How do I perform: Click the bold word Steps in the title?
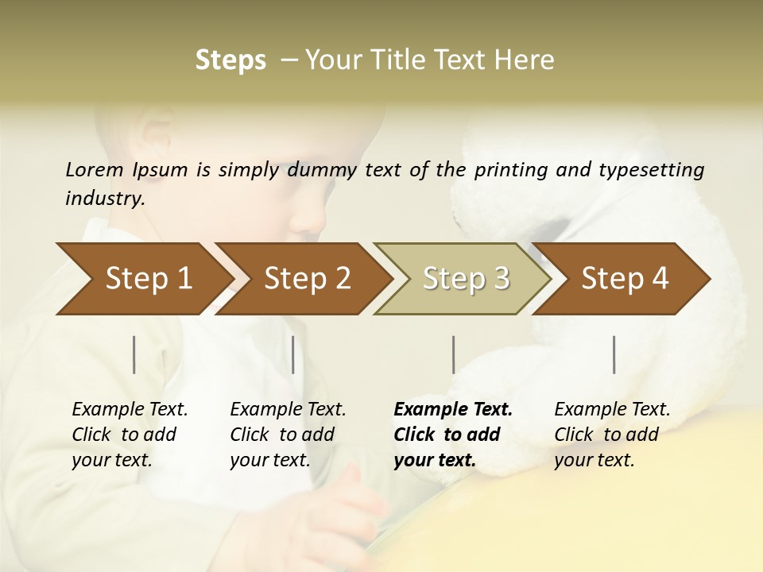click(x=230, y=60)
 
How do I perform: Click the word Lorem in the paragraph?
click(x=94, y=169)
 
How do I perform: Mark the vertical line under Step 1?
click(x=134, y=354)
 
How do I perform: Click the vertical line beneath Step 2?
click(x=293, y=354)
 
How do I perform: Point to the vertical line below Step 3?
click(x=453, y=354)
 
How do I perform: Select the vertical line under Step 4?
click(x=614, y=354)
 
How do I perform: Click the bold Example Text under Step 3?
click(x=453, y=410)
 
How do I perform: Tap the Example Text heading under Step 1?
click(x=130, y=410)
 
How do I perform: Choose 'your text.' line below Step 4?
click(x=595, y=461)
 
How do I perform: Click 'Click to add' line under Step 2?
click(x=282, y=435)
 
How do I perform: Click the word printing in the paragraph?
click(x=509, y=169)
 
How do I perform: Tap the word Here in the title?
click(x=529, y=60)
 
